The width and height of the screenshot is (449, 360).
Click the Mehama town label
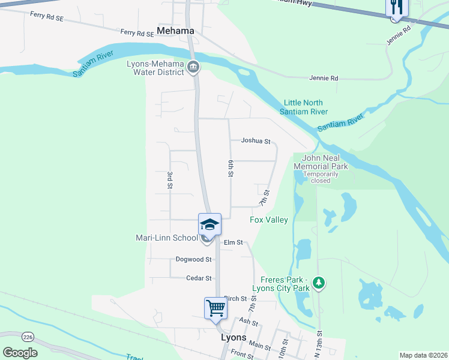(175, 31)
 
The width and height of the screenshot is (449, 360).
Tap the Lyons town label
(234, 338)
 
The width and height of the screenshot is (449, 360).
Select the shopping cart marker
(215, 308)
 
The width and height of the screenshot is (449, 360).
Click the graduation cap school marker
(209, 225)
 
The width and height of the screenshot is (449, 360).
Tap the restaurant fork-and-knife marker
(396, 7)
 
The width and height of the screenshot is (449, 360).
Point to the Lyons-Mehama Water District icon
(193, 67)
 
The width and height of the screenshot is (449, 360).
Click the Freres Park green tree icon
(319, 281)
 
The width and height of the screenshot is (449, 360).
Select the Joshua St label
(256, 141)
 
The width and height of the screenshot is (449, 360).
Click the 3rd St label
(170, 180)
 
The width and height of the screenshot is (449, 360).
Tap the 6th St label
(231, 168)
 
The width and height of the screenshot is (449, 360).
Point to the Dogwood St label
(193, 260)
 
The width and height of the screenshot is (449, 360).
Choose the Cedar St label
(199, 278)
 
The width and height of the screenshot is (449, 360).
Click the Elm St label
(233, 242)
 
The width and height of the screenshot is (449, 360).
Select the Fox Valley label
(269, 220)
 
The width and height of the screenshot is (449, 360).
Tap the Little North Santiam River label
(306, 107)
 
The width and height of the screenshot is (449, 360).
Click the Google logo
(20, 353)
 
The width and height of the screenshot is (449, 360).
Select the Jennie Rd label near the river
(324, 79)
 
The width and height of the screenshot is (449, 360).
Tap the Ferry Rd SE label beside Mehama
(137, 33)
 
